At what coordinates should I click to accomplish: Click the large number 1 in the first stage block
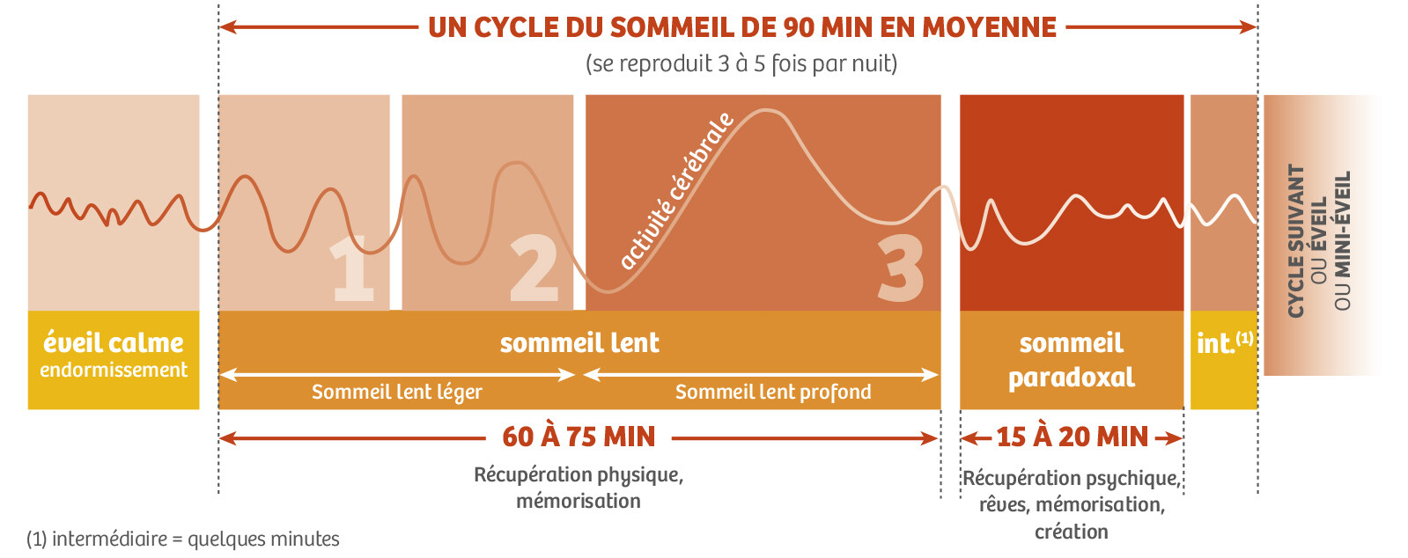point(353,269)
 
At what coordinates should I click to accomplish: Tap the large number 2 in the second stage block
point(534,269)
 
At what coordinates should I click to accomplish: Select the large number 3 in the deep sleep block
point(900,269)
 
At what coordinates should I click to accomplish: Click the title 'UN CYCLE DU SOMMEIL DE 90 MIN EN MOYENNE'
point(741,27)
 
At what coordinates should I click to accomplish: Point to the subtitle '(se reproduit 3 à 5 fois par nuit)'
point(741,63)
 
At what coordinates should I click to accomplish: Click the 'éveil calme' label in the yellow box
point(114,342)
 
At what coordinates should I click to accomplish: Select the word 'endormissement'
point(114,371)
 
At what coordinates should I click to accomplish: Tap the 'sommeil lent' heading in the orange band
point(579,342)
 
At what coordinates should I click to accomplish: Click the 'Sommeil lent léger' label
point(396,392)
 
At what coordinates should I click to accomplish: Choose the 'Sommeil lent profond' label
point(772,392)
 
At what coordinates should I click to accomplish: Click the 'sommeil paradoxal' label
point(1071,360)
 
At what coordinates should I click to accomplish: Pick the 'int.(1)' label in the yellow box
point(1224,342)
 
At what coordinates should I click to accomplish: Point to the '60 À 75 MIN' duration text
point(579,437)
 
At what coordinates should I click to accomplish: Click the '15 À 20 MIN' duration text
point(1072,437)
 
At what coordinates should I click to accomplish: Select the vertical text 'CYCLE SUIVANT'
point(1296,240)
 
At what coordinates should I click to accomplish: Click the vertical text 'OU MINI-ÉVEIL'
point(1342,240)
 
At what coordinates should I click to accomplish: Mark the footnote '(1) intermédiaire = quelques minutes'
point(183,539)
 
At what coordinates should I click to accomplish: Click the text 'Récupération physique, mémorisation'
point(579,488)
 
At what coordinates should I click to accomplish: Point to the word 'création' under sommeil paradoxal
point(1071,532)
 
